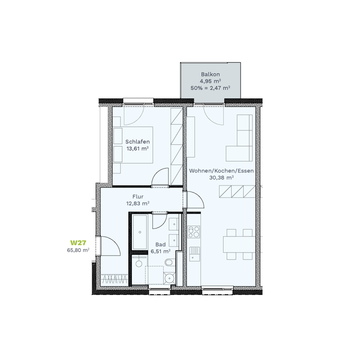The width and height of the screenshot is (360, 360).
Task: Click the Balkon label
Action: coord(210,74)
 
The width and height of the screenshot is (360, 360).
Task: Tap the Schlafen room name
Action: coord(137,142)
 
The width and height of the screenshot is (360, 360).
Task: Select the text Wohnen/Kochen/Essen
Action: coord(221,171)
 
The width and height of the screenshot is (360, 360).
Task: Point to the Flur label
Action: coord(138,196)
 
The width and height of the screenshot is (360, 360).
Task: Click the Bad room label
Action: coord(160,244)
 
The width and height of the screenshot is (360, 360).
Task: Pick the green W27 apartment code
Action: coord(78,243)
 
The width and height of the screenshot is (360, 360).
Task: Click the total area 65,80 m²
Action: coord(78,250)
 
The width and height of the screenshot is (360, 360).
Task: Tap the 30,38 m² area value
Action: coord(221,178)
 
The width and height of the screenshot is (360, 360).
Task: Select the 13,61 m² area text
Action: coord(137,148)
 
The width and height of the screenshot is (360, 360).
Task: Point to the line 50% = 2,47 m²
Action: coord(210,88)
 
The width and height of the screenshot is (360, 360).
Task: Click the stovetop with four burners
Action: coord(194,232)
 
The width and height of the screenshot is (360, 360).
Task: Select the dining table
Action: coord(239,244)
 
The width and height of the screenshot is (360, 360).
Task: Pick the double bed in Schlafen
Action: coord(133,145)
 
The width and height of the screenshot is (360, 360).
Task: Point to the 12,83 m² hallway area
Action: coord(138,204)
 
